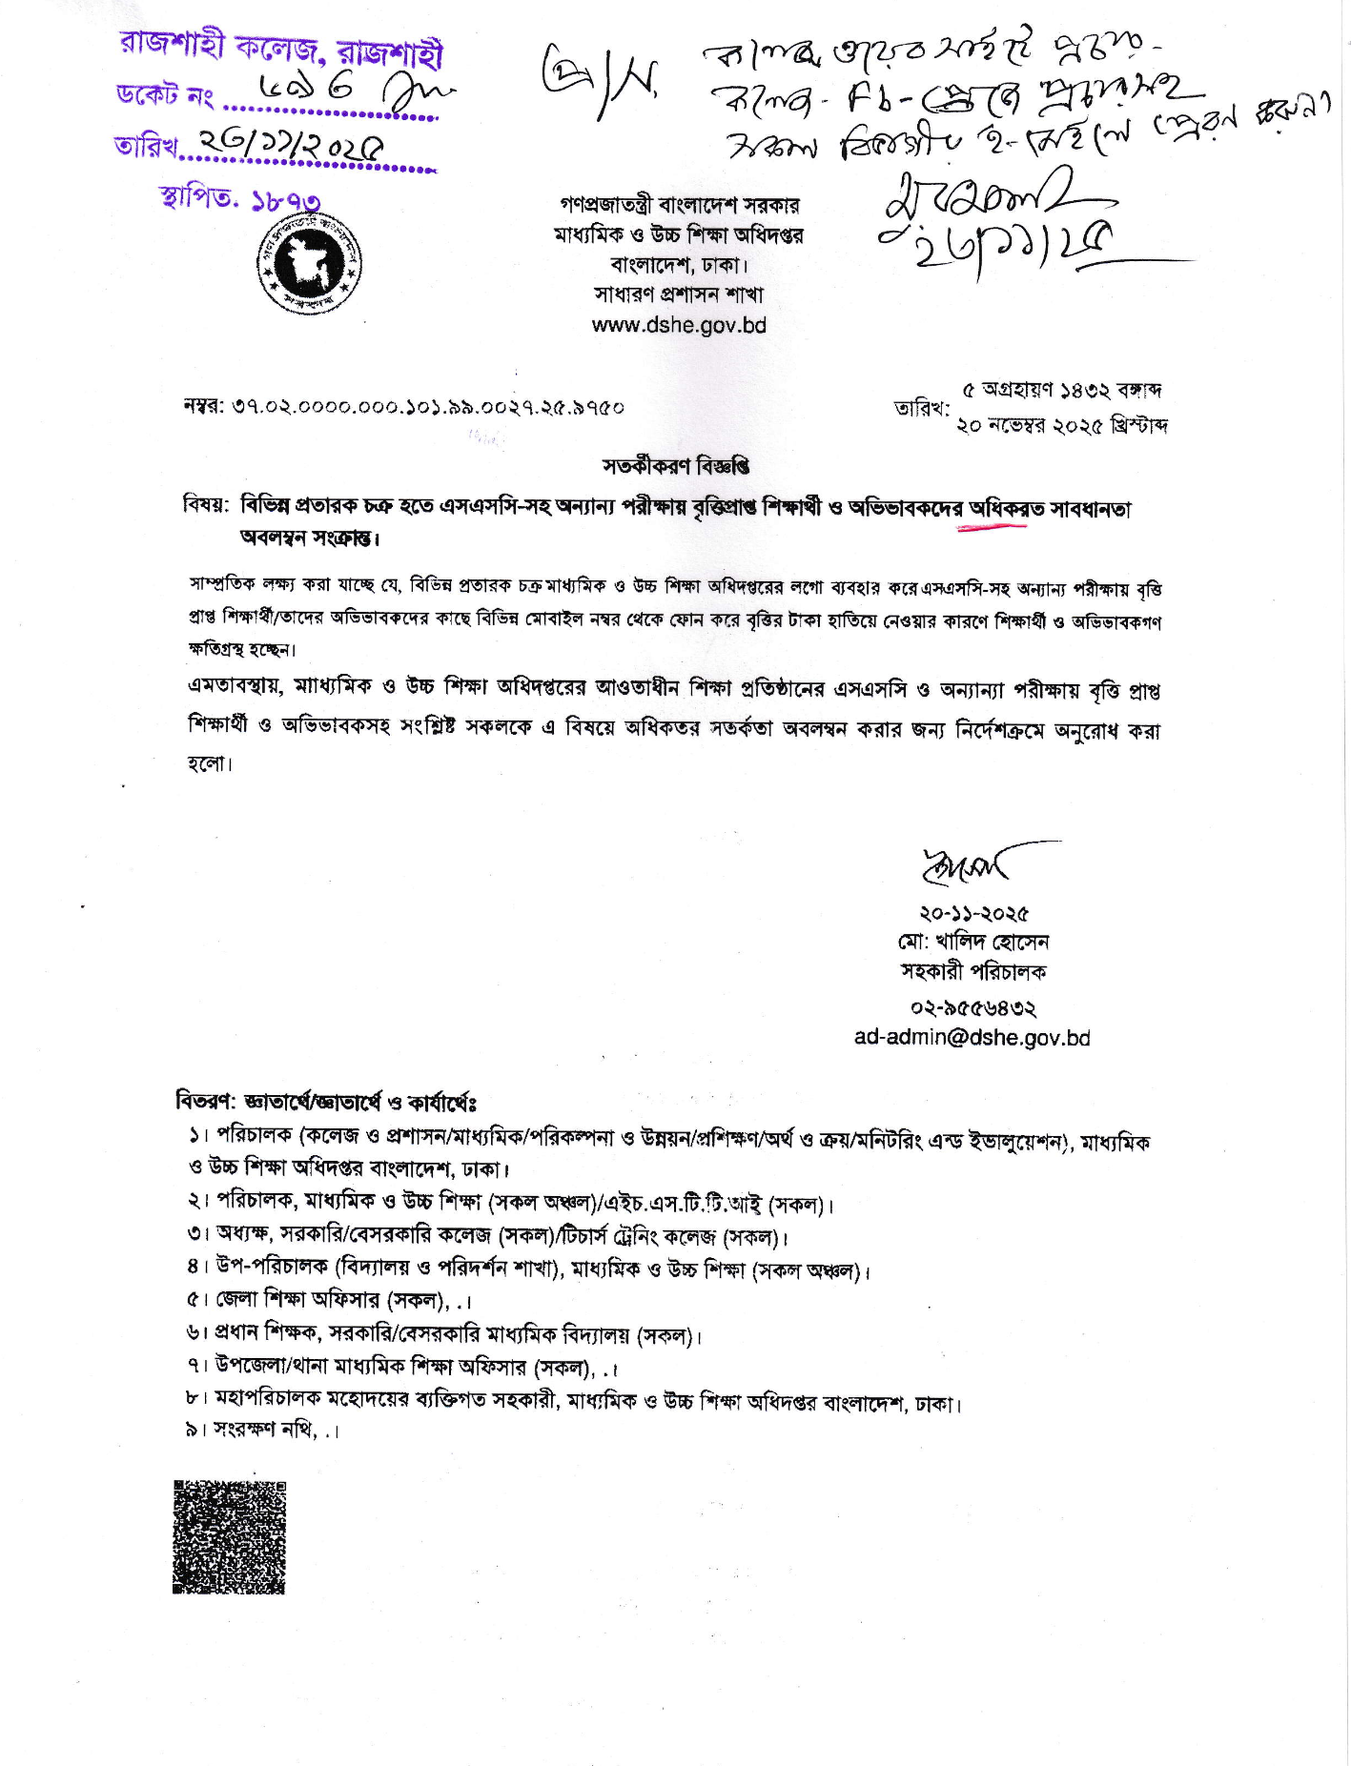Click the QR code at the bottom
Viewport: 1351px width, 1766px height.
[x=229, y=1536]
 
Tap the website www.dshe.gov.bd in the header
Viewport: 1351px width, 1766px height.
[x=679, y=325]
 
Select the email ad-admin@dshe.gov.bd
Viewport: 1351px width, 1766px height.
[x=972, y=1038]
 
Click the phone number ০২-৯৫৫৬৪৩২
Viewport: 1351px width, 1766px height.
[x=972, y=1008]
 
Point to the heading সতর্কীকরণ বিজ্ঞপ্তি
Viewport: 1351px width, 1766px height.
[x=676, y=466]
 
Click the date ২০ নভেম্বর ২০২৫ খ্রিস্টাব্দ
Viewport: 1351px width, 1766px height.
[x=1062, y=426]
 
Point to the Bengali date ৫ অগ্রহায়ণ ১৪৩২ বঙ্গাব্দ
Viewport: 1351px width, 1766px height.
[x=1061, y=391]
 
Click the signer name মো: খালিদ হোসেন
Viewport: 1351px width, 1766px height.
[x=972, y=943]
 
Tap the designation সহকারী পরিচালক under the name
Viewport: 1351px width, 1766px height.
[x=972, y=972]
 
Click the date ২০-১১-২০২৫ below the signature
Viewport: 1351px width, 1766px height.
[x=972, y=914]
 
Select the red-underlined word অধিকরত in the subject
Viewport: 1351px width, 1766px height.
[x=993, y=509]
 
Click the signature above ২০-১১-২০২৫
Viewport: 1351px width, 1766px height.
[x=972, y=863]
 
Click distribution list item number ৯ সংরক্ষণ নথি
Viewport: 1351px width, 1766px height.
[x=263, y=1430]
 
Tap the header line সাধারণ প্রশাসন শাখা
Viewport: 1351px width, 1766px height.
[x=678, y=294]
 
